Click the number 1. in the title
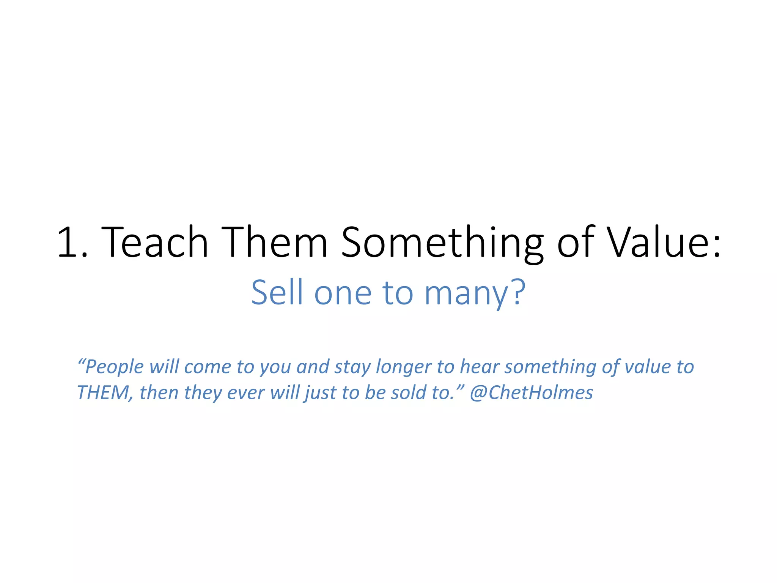(x=72, y=242)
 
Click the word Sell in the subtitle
(x=277, y=292)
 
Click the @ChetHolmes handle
(x=531, y=392)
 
